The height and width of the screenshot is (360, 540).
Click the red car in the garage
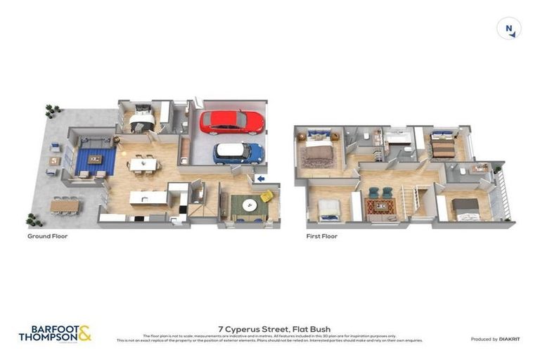(231, 122)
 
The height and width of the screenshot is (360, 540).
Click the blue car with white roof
(238, 153)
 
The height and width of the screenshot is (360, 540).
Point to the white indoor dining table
(143, 164)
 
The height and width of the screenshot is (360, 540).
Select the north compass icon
(508, 29)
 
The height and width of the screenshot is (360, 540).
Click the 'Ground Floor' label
(48, 236)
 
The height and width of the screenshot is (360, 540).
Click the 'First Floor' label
(322, 236)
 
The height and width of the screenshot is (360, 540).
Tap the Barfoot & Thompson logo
(55, 333)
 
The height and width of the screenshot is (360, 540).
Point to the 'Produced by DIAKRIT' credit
(495, 339)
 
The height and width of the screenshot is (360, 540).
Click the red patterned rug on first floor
(380, 207)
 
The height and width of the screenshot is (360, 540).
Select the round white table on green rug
(249, 205)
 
